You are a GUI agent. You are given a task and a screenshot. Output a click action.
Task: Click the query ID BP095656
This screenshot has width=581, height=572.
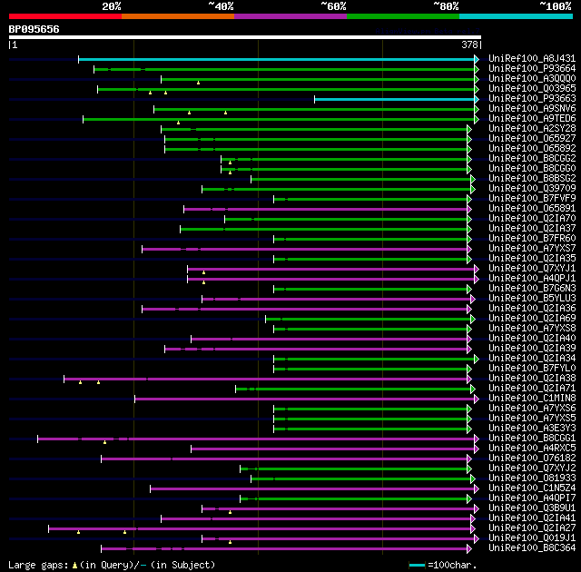pyautogui.click(x=34, y=29)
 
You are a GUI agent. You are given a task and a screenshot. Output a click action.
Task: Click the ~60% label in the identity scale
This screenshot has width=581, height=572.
pyautogui.click(x=333, y=6)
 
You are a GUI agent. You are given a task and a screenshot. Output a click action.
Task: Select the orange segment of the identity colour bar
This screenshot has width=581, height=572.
pyautogui.click(x=177, y=16)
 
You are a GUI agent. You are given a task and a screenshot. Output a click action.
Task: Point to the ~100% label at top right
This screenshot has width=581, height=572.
pyautogui.click(x=555, y=6)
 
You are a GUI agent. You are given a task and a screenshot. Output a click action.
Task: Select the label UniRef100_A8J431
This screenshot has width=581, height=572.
pyautogui.click(x=532, y=59)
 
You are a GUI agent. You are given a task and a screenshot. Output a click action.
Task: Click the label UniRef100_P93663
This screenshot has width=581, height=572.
pyautogui.click(x=532, y=99)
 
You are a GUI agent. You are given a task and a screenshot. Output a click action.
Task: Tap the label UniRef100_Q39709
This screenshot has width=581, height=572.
pyautogui.click(x=532, y=189)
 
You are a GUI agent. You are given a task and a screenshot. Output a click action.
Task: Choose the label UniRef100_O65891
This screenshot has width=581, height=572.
pyautogui.click(x=532, y=209)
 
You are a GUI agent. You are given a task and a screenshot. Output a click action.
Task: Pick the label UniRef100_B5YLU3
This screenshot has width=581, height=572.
pyautogui.click(x=532, y=299)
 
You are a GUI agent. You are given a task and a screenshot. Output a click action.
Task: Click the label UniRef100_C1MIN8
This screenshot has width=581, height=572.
pyautogui.click(x=532, y=399)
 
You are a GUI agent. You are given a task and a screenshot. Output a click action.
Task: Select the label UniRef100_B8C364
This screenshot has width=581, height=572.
pyautogui.click(x=532, y=548)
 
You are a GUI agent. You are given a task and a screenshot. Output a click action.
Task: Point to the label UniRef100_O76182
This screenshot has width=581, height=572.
pyautogui.click(x=532, y=459)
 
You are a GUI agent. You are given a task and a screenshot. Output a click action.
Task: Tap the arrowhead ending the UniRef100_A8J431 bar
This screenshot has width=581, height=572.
pyautogui.click(x=476, y=59)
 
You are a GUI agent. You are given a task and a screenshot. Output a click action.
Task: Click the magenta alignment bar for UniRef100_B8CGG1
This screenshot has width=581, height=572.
pyautogui.click(x=254, y=439)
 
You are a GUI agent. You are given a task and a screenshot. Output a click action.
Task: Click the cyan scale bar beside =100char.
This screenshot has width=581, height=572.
pyautogui.click(x=416, y=565)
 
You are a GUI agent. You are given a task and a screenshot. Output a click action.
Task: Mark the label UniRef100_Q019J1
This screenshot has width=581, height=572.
pyautogui.click(x=532, y=538)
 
